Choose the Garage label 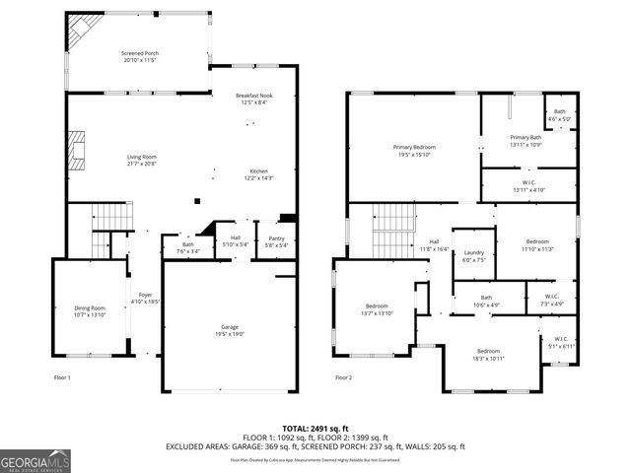229,329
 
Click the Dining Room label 90,310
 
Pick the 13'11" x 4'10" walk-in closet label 524,185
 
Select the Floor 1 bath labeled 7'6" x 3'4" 187,247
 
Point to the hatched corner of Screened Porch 78,34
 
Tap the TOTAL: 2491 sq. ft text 315,427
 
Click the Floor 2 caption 343,377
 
